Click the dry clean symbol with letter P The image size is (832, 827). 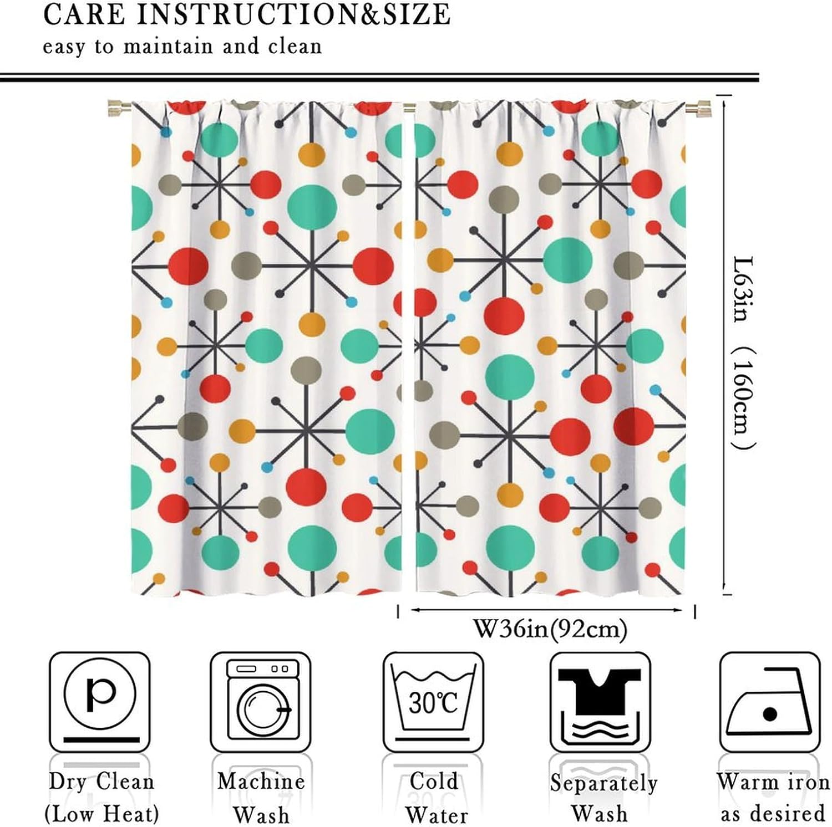tap(100, 701)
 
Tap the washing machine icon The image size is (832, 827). tap(260, 701)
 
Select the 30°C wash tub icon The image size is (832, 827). tap(433, 701)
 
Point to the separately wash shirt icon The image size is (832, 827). tap(600, 701)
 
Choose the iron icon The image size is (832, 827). tap(769, 701)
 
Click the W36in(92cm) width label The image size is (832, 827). tap(550, 630)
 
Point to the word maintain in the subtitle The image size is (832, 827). tap(168, 47)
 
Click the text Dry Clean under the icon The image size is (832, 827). tap(101, 782)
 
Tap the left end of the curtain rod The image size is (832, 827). tap(118, 106)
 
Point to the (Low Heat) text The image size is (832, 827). tap(102, 814)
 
